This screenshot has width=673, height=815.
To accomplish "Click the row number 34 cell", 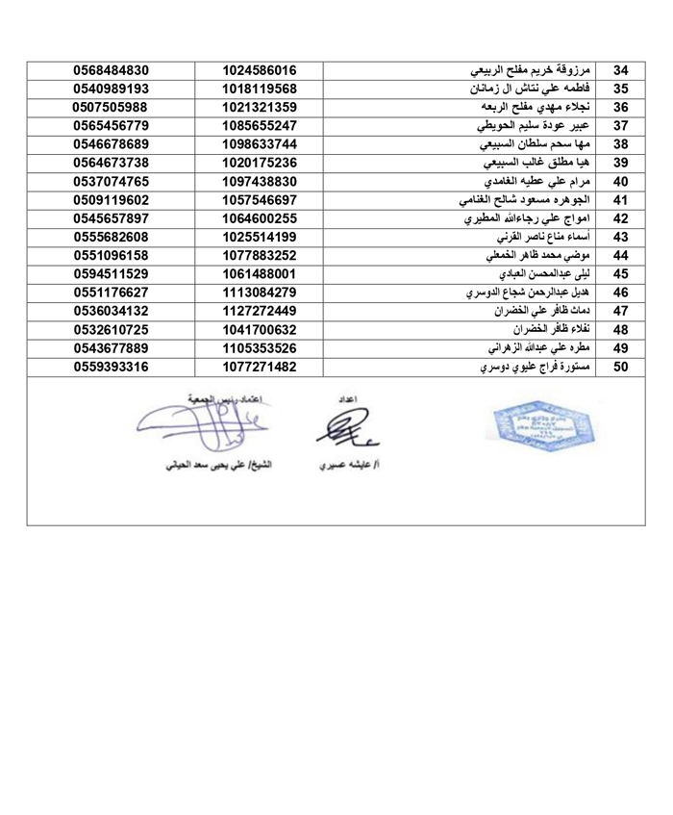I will pyautogui.click(x=621, y=70).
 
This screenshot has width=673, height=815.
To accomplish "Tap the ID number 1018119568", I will pyautogui.click(x=258, y=89).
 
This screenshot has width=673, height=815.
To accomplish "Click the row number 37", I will pyautogui.click(x=621, y=125).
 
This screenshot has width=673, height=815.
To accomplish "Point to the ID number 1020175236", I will pyautogui.click(x=258, y=162).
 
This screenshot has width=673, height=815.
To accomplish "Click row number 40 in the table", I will pyautogui.click(x=621, y=181).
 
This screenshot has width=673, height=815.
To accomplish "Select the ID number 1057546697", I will pyautogui.click(x=258, y=199).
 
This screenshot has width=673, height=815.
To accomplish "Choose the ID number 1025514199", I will pyautogui.click(x=258, y=237).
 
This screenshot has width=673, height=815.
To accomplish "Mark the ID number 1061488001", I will pyautogui.click(x=258, y=273).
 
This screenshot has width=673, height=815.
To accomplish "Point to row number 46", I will pyautogui.click(x=621, y=292).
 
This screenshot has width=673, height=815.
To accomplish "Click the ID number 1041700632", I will pyautogui.click(x=258, y=329).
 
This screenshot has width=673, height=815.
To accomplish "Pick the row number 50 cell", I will pyautogui.click(x=621, y=366).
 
